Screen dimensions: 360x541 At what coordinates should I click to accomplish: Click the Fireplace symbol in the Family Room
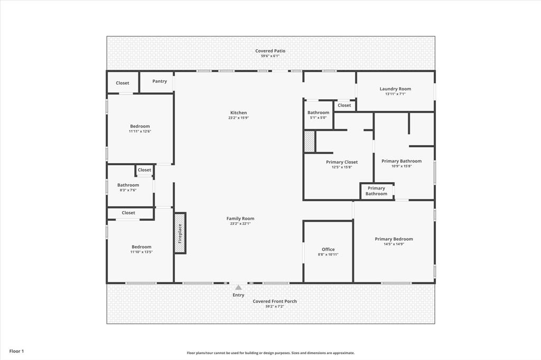click(x=180, y=233)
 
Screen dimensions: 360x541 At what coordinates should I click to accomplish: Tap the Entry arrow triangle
click(x=238, y=288)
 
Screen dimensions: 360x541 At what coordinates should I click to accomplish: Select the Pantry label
click(x=160, y=81)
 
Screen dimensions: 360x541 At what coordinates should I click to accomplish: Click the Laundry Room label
click(x=395, y=89)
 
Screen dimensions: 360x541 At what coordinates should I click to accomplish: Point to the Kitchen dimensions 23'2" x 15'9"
click(x=238, y=118)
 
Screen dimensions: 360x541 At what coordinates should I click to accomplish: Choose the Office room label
click(x=328, y=249)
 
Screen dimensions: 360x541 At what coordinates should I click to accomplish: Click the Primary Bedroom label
click(x=394, y=239)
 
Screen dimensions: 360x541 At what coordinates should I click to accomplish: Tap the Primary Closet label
click(x=341, y=162)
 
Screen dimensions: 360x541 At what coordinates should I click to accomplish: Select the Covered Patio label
click(x=270, y=51)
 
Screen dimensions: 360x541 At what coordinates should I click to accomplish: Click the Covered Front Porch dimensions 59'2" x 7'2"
click(x=274, y=307)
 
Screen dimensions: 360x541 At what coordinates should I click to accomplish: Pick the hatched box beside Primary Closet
click(x=310, y=141)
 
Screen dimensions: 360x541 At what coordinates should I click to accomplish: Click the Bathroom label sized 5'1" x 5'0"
click(x=318, y=112)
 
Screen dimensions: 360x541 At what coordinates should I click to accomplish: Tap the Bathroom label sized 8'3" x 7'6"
click(x=128, y=185)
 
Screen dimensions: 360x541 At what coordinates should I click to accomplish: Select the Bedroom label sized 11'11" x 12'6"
click(x=140, y=126)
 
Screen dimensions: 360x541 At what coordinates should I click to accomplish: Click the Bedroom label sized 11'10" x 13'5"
click(x=141, y=247)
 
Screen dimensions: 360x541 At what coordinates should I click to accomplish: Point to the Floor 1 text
click(x=16, y=351)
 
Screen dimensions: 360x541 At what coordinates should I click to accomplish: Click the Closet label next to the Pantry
click(x=123, y=83)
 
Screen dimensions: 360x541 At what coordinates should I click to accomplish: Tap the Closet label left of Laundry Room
click(x=344, y=105)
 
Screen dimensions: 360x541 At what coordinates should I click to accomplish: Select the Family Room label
click(x=240, y=219)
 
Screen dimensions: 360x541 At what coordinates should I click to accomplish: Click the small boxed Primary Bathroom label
click(x=376, y=191)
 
